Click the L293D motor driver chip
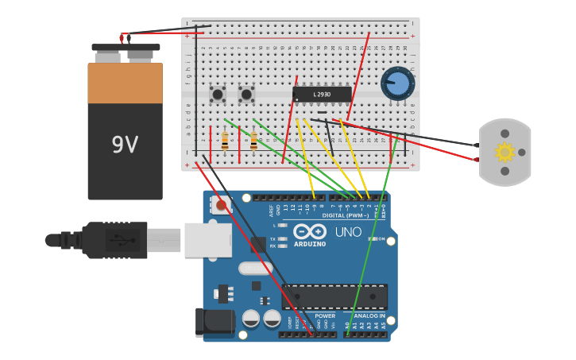coord(322,95)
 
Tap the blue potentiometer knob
coord(398,83)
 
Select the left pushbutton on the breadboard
coord(217,95)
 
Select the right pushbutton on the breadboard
coord(246,95)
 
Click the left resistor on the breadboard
coord(225,141)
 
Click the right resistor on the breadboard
coord(253,141)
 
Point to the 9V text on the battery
coord(125,145)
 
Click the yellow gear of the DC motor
coord(504,152)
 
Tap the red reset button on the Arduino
coord(221,206)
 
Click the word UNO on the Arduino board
coord(347,232)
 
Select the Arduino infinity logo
coord(310,231)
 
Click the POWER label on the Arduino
coord(325,315)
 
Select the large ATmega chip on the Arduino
coord(334,296)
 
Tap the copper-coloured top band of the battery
coord(125,83)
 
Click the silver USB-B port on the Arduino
coord(208,239)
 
